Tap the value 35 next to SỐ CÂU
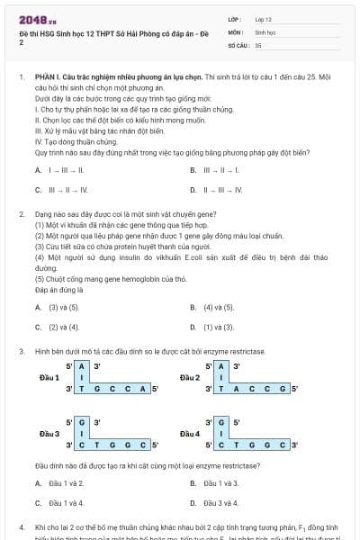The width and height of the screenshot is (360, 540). (x=258, y=44)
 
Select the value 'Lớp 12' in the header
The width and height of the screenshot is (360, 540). (x=263, y=18)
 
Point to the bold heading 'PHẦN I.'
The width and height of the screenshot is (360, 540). (x=45, y=78)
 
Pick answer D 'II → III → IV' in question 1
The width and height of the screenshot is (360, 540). (x=216, y=190)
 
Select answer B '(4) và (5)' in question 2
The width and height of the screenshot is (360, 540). (x=212, y=307)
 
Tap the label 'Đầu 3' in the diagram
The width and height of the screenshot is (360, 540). (x=50, y=433)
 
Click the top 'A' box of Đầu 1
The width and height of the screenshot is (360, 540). (x=83, y=366)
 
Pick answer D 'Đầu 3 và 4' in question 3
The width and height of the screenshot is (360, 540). (x=215, y=503)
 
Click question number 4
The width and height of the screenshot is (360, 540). (x=21, y=526)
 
